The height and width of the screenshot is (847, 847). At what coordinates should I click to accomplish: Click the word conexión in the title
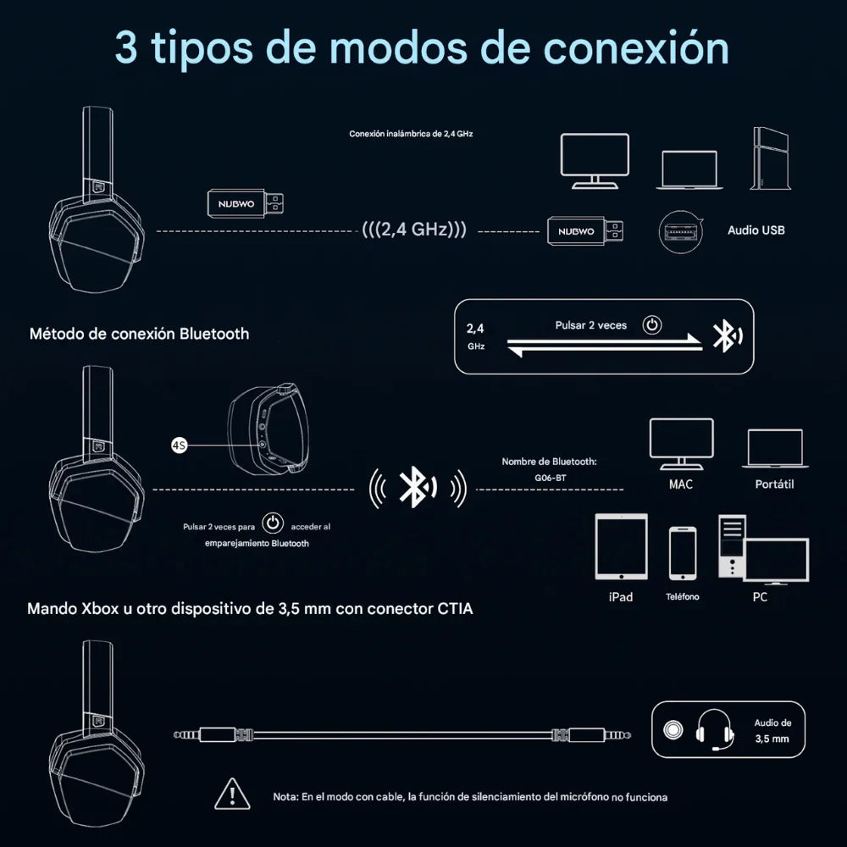[635, 47]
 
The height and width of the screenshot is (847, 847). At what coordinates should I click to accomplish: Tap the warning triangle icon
[232, 794]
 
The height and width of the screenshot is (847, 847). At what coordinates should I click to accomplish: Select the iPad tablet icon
[621, 546]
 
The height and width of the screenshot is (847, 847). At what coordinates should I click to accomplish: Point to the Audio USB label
[756, 230]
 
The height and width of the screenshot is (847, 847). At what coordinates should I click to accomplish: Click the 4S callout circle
[180, 446]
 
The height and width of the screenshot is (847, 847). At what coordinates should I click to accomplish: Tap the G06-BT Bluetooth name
[550, 478]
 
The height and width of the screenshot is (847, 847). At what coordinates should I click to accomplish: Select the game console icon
[770, 158]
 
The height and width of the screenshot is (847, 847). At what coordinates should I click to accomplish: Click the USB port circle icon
[681, 232]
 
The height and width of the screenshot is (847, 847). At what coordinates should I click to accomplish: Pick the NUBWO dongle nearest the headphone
[246, 203]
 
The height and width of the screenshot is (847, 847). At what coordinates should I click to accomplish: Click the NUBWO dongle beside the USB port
[585, 231]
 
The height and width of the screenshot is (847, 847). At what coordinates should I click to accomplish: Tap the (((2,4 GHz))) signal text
[414, 230]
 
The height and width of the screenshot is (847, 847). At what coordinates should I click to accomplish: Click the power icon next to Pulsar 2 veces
[652, 324]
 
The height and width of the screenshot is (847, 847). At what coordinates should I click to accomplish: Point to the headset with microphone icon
[714, 730]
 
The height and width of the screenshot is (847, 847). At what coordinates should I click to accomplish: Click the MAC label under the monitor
[681, 484]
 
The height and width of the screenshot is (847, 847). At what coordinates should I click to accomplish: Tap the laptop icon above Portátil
[775, 448]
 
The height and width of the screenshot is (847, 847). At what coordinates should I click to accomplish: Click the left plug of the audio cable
[213, 734]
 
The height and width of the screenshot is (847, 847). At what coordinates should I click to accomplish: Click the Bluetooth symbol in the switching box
[727, 336]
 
